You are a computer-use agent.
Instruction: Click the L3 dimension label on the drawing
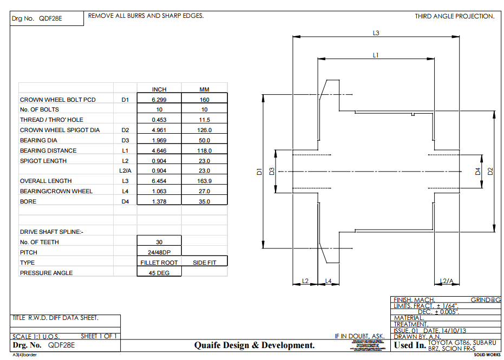(x=376, y=33)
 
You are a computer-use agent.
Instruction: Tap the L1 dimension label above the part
(x=376, y=55)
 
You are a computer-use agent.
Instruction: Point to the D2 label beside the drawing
(x=490, y=172)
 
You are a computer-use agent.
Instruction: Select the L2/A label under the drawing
(x=447, y=281)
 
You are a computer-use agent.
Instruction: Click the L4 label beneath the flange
(x=328, y=281)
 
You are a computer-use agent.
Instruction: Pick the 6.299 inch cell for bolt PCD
(x=159, y=100)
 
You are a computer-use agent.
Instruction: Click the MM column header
(x=204, y=89)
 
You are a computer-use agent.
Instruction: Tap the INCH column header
(x=159, y=89)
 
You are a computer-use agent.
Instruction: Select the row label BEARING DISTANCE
(x=48, y=150)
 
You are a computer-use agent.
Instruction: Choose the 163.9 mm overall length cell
(x=204, y=181)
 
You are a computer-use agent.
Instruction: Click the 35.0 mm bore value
(x=204, y=201)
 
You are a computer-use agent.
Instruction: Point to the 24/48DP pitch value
(x=159, y=252)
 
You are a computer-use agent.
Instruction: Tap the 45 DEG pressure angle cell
(x=159, y=273)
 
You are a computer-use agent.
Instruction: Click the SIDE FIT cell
(x=204, y=263)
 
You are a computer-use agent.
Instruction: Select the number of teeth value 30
(x=159, y=242)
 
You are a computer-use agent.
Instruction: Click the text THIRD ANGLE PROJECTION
(x=454, y=16)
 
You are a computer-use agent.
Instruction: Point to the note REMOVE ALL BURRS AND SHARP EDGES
(x=146, y=16)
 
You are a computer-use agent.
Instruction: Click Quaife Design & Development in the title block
(x=254, y=345)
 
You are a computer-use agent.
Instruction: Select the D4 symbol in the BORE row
(x=126, y=201)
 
